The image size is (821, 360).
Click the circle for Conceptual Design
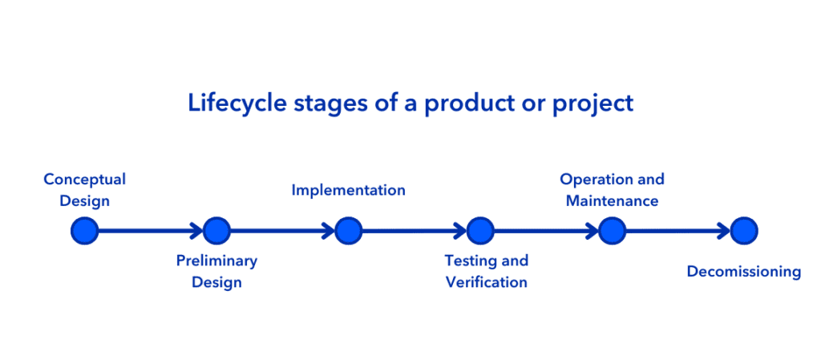(x=85, y=230)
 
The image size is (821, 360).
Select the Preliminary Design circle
(x=216, y=230)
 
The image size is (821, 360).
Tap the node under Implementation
(x=348, y=230)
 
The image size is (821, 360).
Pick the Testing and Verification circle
(x=480, y=230)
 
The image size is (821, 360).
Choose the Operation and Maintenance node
(x=612, y=230)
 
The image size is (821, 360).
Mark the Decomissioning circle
(x=744, y=230)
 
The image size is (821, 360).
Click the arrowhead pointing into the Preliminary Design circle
(x=196, y=230)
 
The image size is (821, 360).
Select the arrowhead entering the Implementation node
(x=328, y=230)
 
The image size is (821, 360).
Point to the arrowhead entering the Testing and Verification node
(x=460, y=230)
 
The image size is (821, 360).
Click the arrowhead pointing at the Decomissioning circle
(x=724, y=230)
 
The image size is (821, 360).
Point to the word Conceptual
(x=85, y=180)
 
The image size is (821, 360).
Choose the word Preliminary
(x=216, y=261)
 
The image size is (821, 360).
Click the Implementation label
(x=348, y=190)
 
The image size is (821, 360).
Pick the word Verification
(x=486, y=282)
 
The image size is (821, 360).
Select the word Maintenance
(x=612, y=201)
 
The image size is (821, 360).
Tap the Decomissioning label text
(x=744, y=272)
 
